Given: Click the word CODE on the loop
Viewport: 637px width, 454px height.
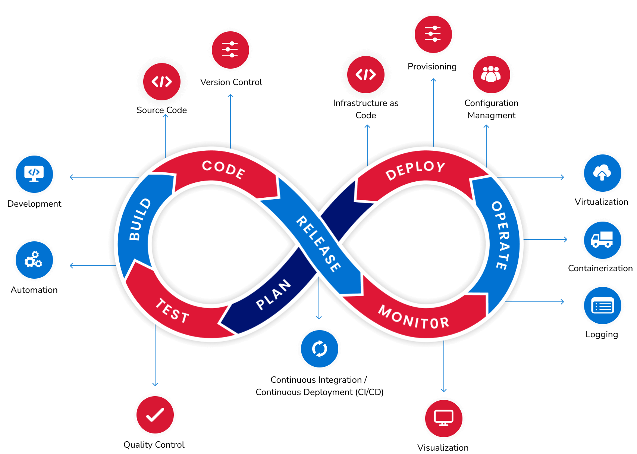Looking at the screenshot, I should pos(223,170).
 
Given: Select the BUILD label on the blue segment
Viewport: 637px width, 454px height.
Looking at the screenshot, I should pos(140,219).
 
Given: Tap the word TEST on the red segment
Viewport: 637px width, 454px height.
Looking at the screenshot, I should pos(172,311).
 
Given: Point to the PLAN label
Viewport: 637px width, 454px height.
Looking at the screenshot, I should pos(273,295).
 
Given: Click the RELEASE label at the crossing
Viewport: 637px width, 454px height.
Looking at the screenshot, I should pos(318,243).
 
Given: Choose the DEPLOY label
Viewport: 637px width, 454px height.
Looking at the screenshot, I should pos(415,170).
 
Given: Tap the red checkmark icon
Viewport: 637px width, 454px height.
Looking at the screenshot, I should pos(155,414).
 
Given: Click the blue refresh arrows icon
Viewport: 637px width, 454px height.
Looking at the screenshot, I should pos(320,349).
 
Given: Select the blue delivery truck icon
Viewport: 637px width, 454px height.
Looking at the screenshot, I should pos(602,240).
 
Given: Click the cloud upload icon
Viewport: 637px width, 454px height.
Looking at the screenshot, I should pos(602,173).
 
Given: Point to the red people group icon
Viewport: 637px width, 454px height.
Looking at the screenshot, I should pos(491,74).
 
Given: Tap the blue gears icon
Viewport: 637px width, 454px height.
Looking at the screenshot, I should pos(34,260).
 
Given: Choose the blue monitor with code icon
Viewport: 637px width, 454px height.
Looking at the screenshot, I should pos(34,174).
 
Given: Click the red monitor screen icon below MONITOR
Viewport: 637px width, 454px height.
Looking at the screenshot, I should pos(444,418).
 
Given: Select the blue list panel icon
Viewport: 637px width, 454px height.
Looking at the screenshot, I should pos(602,306).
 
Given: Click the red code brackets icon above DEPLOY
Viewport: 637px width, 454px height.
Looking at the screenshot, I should pos(366,74).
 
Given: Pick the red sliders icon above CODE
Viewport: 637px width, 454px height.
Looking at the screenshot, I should pos(230,50).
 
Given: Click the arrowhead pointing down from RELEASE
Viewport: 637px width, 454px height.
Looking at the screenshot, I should pos(319,318).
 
